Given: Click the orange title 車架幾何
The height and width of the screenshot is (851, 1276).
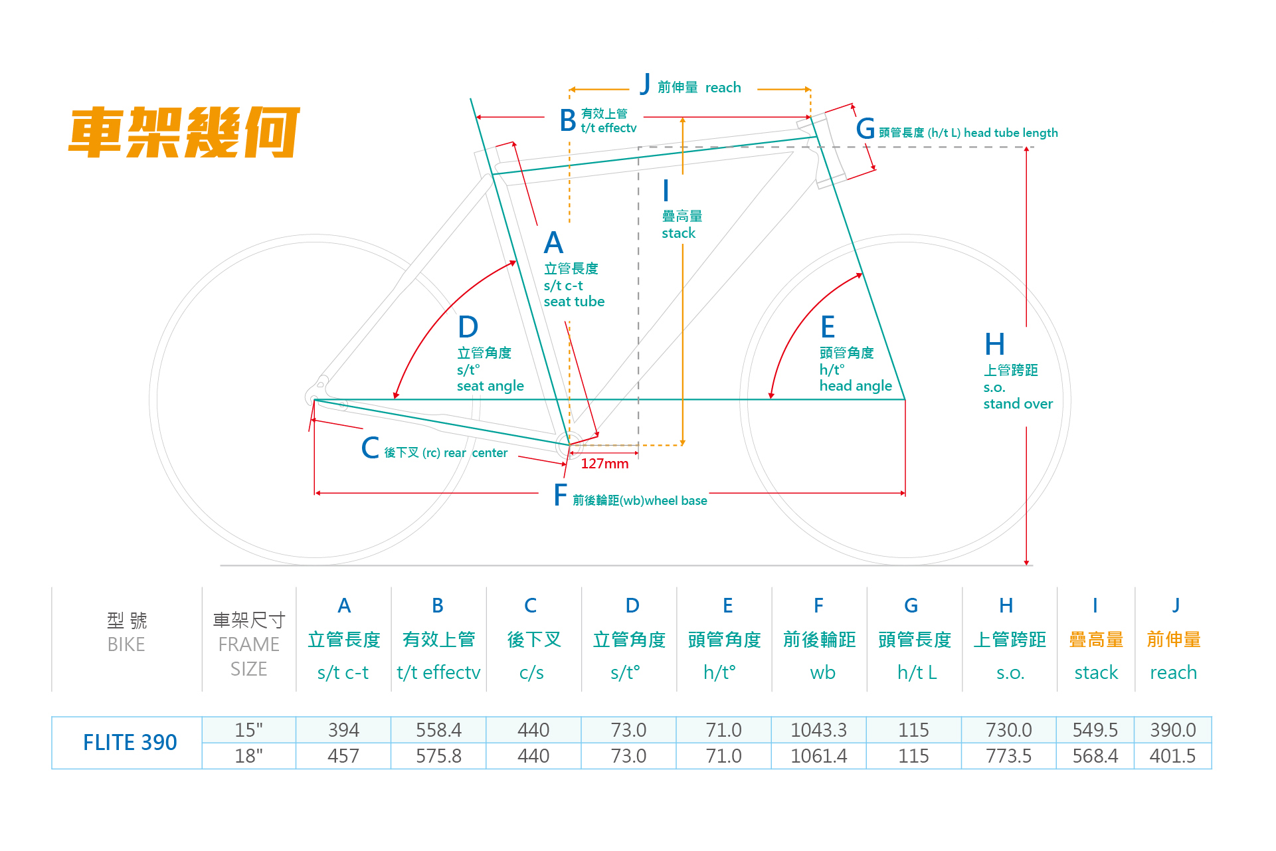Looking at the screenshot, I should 184,132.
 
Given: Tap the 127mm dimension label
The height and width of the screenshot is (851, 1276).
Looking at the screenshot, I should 604,464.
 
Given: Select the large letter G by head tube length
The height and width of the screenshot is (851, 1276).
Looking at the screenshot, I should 865,129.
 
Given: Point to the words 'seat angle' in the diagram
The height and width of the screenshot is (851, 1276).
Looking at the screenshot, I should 490,386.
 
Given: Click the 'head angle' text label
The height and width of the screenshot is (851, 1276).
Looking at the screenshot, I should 856,386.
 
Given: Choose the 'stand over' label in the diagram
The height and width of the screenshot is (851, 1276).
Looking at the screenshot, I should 1018,404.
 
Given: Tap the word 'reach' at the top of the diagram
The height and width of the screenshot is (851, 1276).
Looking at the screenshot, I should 723,88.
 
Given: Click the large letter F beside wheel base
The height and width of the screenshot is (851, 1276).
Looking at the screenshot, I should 561,496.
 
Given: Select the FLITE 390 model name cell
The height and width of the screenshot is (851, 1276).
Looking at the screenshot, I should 130,742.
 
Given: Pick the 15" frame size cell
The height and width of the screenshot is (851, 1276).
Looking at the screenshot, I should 249,730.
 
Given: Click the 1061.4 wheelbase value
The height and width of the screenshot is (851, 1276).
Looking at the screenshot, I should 818,756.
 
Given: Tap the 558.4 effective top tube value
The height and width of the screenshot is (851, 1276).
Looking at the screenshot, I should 438,730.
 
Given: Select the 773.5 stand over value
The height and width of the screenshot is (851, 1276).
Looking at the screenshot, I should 1008,756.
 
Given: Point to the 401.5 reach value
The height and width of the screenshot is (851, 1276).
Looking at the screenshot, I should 1172,756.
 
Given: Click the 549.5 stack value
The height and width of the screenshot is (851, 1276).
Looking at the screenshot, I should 1095,730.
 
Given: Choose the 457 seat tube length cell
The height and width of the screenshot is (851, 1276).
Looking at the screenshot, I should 343,756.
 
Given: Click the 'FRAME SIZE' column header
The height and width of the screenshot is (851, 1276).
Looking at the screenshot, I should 249,656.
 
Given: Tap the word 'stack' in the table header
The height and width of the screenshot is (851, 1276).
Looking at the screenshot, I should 1096,673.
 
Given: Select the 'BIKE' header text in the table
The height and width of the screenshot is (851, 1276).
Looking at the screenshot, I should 126,644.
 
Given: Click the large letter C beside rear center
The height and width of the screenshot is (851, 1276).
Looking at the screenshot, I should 370,448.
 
